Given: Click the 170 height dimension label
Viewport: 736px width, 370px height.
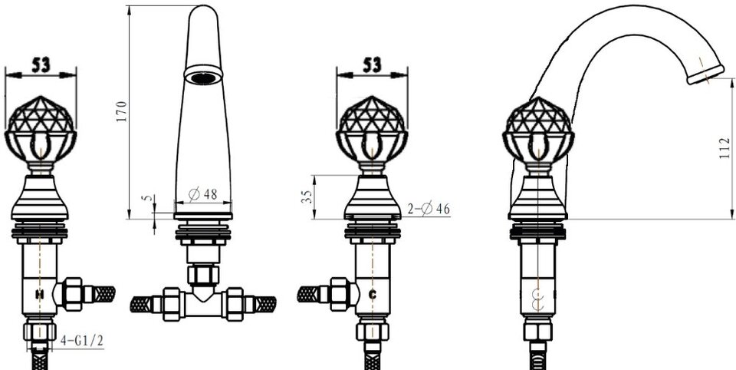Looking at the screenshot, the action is (122, 111).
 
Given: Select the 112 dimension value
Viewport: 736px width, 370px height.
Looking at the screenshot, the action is (724, 148).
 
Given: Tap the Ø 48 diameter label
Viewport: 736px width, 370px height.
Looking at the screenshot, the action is (202, 193).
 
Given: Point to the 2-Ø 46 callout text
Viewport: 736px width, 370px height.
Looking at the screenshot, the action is (428, 208).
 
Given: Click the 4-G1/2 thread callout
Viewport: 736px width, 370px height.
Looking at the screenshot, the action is (82, 341).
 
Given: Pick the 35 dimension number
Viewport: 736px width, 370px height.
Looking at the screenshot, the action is (306, 196).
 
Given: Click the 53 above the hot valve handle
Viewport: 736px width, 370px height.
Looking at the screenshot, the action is (41, 65).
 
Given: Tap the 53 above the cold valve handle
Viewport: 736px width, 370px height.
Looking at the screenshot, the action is (373, 65).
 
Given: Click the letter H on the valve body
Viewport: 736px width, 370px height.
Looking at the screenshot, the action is (40, 295).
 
